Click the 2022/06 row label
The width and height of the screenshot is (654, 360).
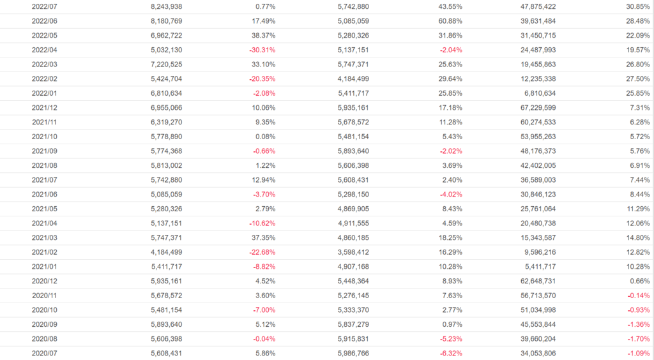pos(45,20)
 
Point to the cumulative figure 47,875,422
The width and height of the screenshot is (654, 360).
pos(535,6)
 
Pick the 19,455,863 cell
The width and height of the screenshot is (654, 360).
pos(535,64)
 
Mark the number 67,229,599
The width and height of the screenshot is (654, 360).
pos(535,107)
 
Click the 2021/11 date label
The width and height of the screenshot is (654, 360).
pos(45,121)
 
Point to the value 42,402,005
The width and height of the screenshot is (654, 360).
pos(535,165)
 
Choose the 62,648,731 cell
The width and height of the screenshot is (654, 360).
pos(535,280)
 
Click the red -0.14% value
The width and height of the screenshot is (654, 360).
pos(637,295)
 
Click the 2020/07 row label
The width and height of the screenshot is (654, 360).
pos(45,352)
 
